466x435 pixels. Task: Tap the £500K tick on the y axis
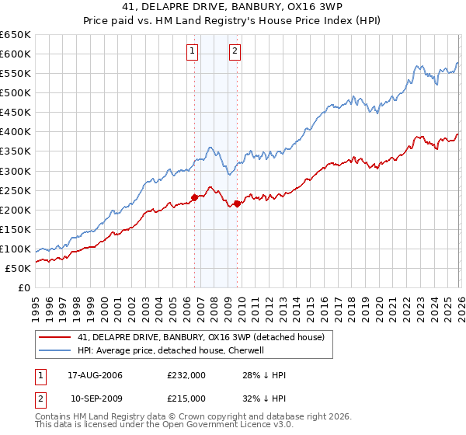click(16, 92)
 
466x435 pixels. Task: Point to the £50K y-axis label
click(18, 268)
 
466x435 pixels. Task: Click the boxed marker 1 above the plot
click(193, 52)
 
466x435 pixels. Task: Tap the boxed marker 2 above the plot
click(235, 52)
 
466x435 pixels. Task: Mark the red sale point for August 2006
click(194, 197)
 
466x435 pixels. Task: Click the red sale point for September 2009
click(236, 204)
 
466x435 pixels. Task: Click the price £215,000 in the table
click(186, 398)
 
